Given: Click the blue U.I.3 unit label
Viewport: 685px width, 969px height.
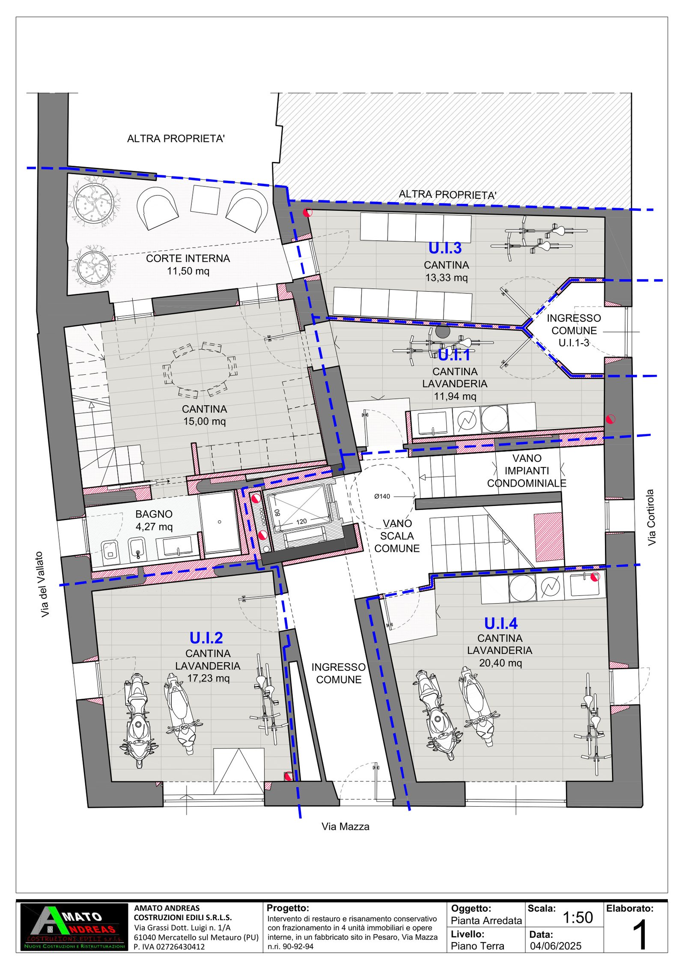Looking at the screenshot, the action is (x=445, y=248).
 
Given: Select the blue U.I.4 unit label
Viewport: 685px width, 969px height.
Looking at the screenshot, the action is (x=500, y=623).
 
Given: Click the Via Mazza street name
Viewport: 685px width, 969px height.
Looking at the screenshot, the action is (x=345, y=826).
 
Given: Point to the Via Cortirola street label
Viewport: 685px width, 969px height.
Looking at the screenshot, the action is (x=651, y=517).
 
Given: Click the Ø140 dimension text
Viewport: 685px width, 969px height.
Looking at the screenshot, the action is (x=382, y=496).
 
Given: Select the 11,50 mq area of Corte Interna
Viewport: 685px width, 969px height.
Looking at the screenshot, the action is (x=188, y=271).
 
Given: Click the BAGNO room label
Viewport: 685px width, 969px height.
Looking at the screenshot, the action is (x=154, y=514).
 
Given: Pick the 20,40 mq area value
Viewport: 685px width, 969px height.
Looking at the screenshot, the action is (x=500, y=663).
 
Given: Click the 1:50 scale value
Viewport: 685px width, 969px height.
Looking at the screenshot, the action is (x=577, y=917).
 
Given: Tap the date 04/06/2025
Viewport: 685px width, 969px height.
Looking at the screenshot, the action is (x=555, y=946).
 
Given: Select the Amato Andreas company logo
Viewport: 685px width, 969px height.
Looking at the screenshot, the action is (x=74, y=927).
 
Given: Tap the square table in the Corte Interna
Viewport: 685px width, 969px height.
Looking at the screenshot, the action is (x=205, y=199).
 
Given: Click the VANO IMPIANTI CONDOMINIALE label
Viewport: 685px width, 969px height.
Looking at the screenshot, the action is (x=527, y=471).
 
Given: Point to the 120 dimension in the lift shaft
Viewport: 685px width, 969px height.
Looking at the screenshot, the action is (x=301, y=521).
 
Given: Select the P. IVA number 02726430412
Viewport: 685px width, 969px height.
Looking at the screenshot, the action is (x=169, y=947).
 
